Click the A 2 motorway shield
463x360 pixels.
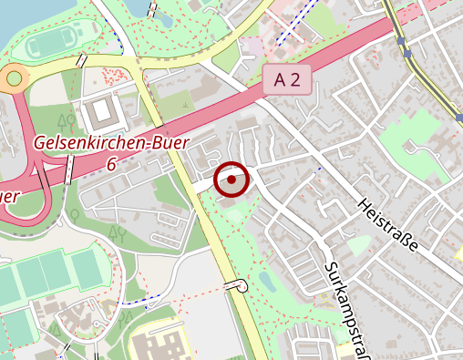pyautogui.click(x=286, y=79)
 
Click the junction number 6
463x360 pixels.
pyautogui.click(x=110, y=164)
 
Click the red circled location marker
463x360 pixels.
pyautogui.click(x=231, y=180)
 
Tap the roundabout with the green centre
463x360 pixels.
pyautogui.click(x=14, y=79)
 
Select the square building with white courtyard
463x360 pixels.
pyautogui.click(x=101, y=113)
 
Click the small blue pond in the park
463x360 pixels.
pyautogui.click(x=265, y=278)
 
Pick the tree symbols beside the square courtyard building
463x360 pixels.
pyautogui.click(x=66, y=119)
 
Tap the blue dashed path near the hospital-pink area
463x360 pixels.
pyautogui.click(x=291, y=27)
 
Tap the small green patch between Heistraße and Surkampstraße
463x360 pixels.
pyautogui.click(x=358, y=245)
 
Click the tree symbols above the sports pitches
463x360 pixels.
pyautogui.click(x=116, y=234)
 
